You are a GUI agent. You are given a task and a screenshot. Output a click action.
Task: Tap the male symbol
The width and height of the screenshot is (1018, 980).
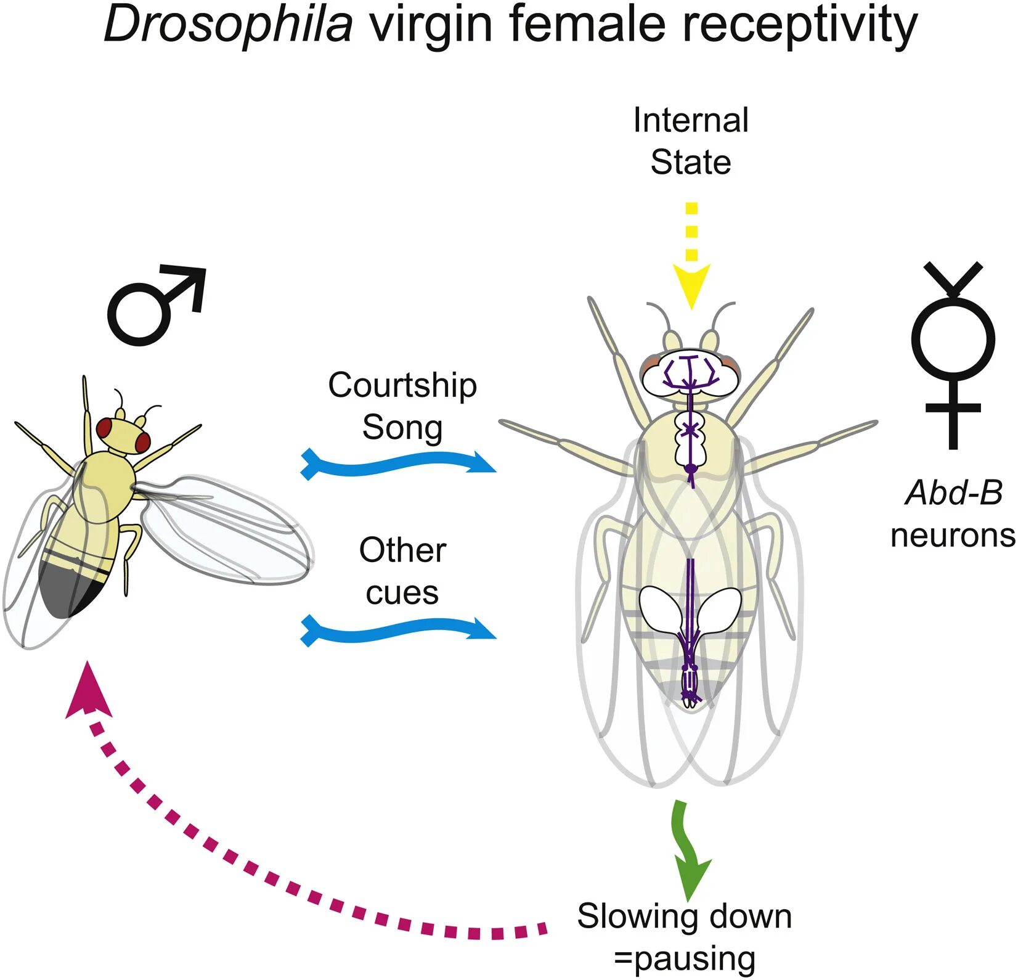click(x=154, y=305)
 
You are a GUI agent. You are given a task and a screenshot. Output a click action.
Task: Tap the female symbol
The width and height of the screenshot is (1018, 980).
click(x=953, y=354)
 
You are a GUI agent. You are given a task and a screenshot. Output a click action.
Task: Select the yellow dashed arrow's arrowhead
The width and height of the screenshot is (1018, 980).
click(x=691, y=284)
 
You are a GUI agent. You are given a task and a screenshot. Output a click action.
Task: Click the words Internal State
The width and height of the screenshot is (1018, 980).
click(x=691, y=141)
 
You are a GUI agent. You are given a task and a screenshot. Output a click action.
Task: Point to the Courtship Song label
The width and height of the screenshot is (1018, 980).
click(x=402, y=406)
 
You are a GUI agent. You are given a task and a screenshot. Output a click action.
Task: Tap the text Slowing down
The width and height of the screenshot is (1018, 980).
click(x=684, y=916)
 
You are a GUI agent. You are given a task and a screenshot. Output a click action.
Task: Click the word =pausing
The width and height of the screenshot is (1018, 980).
click(x=684, y=958)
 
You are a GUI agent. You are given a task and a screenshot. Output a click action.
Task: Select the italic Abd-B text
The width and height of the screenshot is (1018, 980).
click(x=953, y=493)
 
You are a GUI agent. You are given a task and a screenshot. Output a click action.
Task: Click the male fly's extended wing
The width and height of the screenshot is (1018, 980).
click(x=228, y=530)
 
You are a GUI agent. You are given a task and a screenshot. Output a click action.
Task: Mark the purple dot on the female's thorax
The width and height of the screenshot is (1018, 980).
click(x=691, y=468)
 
